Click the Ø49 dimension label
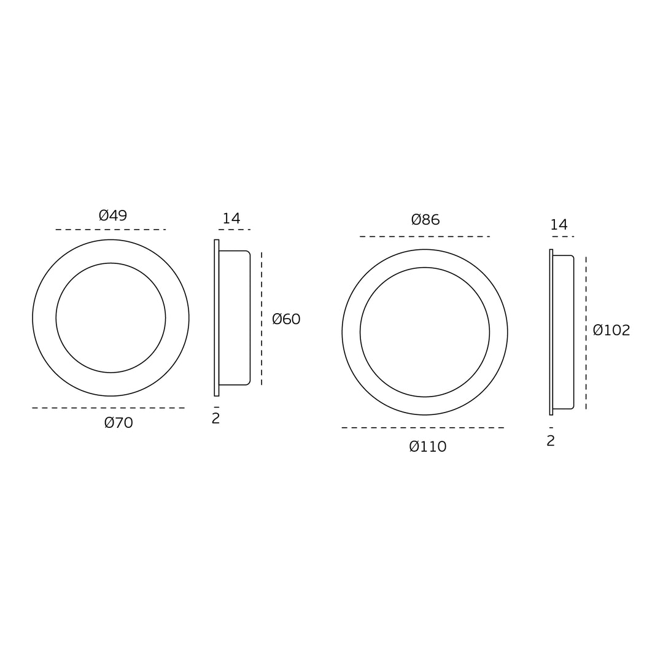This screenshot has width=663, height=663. (x=113, y=215)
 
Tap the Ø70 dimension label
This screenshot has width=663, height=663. (x=119, y=422)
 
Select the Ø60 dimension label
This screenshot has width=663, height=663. (x=286, y=319)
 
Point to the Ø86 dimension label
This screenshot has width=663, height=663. (x=425, y=219)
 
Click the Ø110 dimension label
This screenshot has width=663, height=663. (x=428, y=446)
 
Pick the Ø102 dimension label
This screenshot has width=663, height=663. (x=611, y=330)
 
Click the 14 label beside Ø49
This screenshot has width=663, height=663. (x=231, y=218)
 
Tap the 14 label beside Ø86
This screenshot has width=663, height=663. (x=559, y=225)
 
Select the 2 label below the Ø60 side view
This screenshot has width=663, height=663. (x=215, y=418)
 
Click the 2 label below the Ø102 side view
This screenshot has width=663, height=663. (x=551, y=441)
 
